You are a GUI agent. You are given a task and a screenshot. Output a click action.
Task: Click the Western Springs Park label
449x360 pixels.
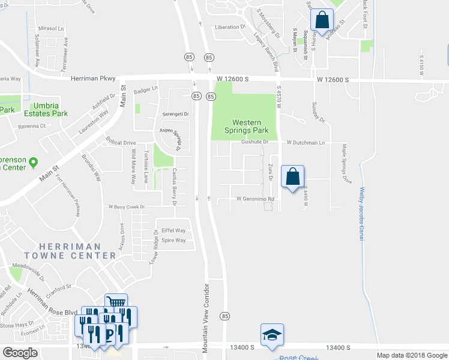pos(245,125)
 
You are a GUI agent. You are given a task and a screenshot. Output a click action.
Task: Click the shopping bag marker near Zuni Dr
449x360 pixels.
pos(292,177)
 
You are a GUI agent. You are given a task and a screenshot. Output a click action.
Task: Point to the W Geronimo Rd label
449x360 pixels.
pos(255,199)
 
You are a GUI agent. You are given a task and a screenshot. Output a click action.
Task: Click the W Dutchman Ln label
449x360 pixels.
pos(306,143)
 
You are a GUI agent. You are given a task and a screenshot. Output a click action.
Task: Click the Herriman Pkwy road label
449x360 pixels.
pos(92,78)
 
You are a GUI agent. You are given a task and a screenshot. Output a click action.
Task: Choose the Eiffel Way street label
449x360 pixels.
pos(173,230)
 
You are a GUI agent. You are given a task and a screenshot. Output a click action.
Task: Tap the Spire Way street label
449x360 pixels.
pos(173,240)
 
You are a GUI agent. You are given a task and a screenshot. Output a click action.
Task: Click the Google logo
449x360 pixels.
pos(20,353)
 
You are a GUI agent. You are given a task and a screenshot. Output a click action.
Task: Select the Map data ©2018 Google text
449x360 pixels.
pos(411,355)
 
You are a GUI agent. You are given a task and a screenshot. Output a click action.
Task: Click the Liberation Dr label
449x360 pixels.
pos(231,27)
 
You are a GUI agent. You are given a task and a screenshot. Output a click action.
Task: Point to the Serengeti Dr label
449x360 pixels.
pos(175,114)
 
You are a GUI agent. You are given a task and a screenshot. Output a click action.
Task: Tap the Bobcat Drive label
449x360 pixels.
pos(122,143)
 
